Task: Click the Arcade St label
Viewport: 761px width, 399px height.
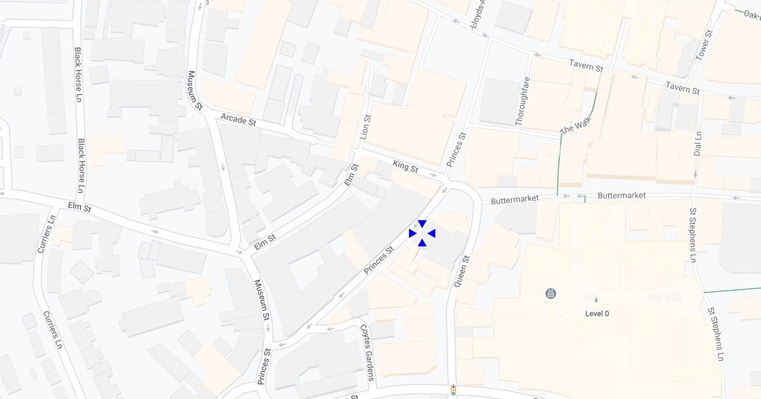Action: [238, 120]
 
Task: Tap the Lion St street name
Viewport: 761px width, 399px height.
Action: [365, 127]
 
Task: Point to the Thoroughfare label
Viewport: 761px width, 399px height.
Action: [524, 101]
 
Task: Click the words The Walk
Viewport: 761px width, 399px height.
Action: [576, 125]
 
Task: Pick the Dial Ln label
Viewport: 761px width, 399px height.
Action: [698, 144]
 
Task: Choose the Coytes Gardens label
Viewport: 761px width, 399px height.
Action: [368, 352]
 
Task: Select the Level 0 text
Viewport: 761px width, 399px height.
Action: [597, 313]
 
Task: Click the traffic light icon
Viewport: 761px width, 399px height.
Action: [453, 390]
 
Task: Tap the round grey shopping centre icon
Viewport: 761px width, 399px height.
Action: [550, 293]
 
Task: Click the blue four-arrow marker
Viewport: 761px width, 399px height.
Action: [422, 233]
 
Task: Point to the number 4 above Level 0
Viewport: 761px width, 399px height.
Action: [596, 299]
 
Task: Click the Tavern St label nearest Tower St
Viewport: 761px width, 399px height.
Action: [682, 89]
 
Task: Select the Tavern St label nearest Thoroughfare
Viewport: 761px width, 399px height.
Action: [585, 65]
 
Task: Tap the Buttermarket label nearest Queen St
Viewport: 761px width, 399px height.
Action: [515, 199]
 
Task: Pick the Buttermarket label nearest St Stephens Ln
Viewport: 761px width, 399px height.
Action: [621, 196]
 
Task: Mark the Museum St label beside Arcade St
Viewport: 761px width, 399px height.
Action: [194, 91]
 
